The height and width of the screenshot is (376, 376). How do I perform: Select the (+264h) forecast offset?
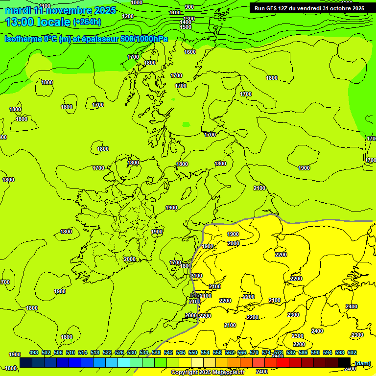tap(87, 22)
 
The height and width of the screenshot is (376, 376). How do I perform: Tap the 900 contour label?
tap(189, 7)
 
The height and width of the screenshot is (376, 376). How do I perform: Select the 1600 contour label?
tap(190, 52)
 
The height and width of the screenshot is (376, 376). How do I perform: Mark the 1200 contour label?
tap(128, 16)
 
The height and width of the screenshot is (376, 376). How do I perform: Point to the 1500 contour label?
tap(186, 27)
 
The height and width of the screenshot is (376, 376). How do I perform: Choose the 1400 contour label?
tap(186, 23)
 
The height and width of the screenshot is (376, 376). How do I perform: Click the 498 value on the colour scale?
tap(34, 352)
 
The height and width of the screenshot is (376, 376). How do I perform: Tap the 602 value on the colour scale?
tap(352, 352)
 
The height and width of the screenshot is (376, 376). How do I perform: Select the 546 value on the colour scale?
tap(181, 352)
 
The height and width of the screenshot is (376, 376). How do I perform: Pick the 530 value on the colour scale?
tap(132, 352)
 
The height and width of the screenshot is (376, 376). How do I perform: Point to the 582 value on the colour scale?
tap(291, 352)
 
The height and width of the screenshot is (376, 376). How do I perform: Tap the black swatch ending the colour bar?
tap(344, 363)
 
